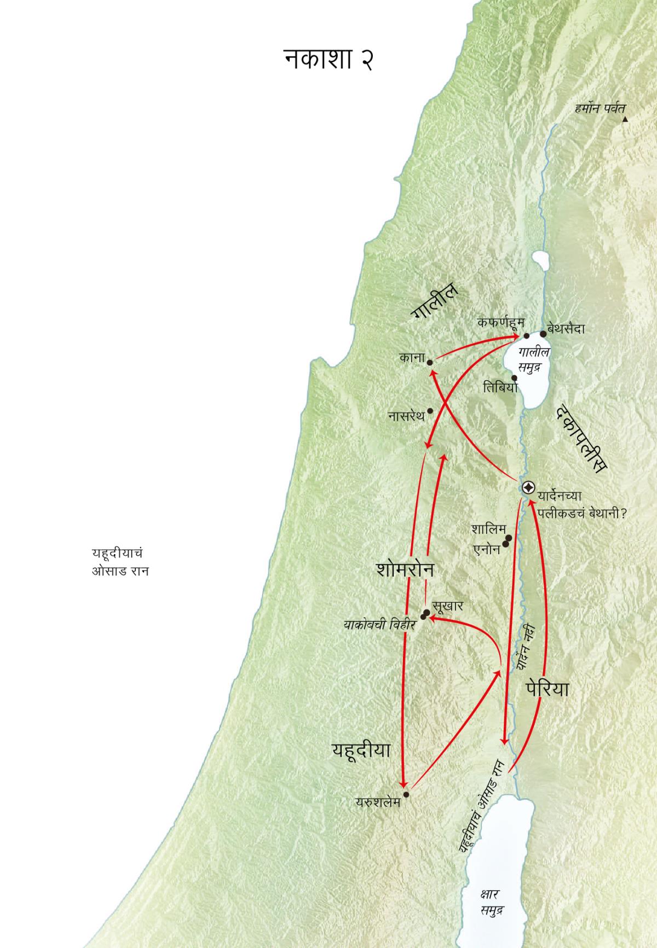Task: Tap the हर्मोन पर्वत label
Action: point(600,108)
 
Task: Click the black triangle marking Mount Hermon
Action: point(625,119)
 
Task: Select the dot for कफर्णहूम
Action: point(527,336)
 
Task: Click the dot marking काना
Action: point(430,362)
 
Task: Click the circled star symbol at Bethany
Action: point(528,487)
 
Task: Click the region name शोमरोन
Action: point(405,569)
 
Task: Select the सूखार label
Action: point(448,606)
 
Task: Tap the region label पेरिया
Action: point(547,689)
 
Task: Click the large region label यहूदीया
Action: point(361,750)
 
